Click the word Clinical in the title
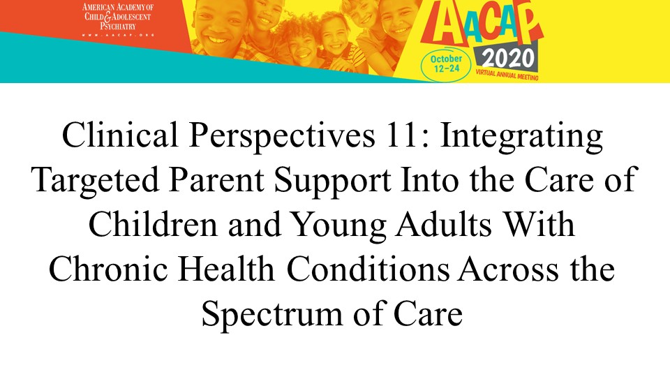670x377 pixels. (x=120, y=135)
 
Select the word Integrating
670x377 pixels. (x=521, y=138)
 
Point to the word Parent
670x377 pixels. (x=216, y=179)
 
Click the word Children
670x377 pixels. (x=153, y=224)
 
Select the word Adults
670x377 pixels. (x=444, y=224)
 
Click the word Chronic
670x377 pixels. (x=109, y=269)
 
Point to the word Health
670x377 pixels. (x=226, y=269)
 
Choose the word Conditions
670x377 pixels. (x=368, y=269)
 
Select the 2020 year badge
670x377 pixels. (x=508, y=59)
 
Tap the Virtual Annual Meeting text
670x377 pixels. (x=507, y=75)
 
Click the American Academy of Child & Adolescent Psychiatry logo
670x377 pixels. (x=117, y=19)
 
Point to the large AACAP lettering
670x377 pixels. (x=482, y=24)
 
